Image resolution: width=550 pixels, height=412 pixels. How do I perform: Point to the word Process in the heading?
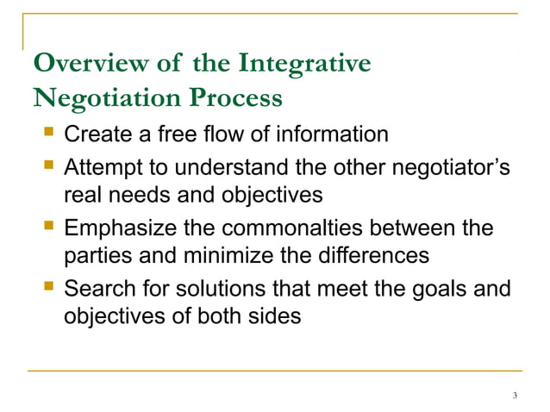tap(236, 99)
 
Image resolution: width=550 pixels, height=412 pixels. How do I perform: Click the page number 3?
tap(514, 396)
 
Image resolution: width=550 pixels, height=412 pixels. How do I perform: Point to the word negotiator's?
tap(453, 165)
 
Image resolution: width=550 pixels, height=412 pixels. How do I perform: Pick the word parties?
tap(97, 257)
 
